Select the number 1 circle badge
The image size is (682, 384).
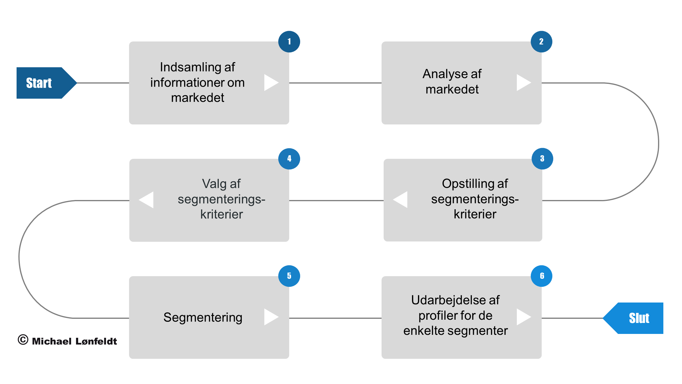point(289,42)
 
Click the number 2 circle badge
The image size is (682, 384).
point(541,42)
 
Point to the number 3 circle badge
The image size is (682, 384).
point(542,159)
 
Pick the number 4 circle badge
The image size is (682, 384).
point(289,159)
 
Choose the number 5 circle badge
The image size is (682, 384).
point(289,276)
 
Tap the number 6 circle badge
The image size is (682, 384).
point(542,276)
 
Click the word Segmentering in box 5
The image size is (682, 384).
point(203,318)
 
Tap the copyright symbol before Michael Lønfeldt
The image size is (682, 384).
point(23,340)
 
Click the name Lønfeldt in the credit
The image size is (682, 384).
point(96,341)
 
